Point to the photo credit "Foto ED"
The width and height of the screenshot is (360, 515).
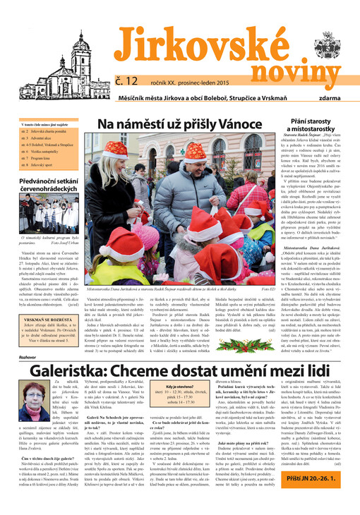click(247, 289)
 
